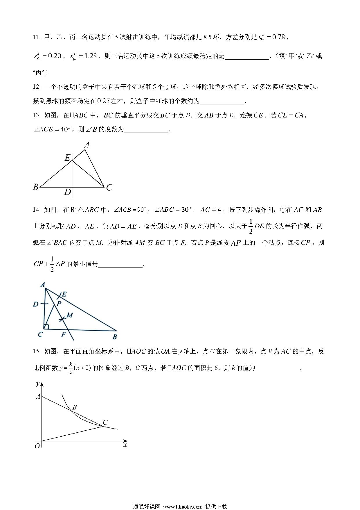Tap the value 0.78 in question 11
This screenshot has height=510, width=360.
279,37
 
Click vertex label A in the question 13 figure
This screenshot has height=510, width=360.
87,145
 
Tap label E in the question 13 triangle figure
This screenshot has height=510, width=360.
67,158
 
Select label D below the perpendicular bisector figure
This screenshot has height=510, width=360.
67,192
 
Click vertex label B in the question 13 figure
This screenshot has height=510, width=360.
36,187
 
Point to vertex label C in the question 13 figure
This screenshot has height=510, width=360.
109,188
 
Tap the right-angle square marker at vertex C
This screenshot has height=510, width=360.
46,327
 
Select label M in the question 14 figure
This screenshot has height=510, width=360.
70,315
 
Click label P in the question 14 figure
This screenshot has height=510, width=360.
59,304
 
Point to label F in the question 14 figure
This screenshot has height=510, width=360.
63,335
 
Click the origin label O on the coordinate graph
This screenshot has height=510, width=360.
37,446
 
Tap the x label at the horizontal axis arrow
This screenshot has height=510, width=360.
125,445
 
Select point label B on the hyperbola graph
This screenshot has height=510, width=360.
75,407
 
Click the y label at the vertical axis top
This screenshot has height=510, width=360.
37,384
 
